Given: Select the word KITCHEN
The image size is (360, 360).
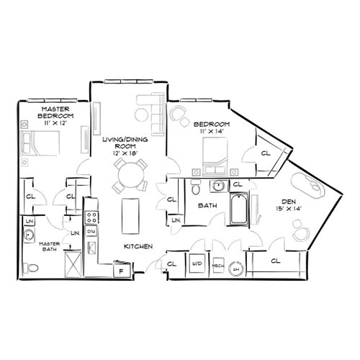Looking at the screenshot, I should coord(138,247).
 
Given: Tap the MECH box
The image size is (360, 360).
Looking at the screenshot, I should coord(217,266).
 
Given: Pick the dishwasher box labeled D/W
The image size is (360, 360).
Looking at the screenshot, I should coord(92,231).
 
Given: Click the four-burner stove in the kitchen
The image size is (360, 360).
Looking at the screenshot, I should coord(92,215).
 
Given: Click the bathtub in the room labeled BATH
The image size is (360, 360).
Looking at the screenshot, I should coord(238,210).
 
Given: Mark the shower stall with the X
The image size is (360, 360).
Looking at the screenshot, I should coord(73,264).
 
